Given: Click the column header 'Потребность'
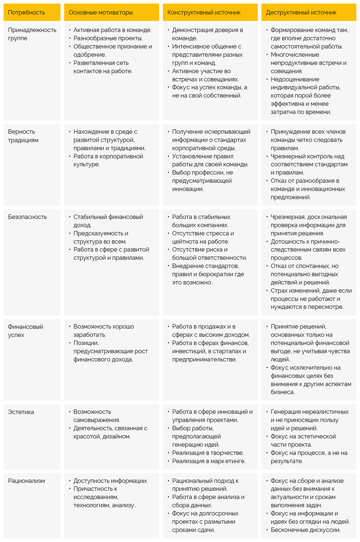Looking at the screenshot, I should click(26, 13).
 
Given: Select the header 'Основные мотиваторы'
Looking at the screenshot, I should click(101, 13).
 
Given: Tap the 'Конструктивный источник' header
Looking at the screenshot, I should click(204, 13).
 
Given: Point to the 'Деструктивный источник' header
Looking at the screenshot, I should click(301, 13).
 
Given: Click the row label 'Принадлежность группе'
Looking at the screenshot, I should click(32, 34).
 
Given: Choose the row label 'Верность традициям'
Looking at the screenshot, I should click(23, 136).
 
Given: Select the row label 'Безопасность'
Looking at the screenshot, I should click(27, 217).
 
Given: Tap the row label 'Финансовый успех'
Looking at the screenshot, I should click(25, 331).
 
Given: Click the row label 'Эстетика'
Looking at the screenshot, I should click(21, 412).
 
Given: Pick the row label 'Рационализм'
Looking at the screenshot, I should click(26, 481).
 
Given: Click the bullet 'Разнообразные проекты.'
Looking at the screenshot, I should click(108, 38).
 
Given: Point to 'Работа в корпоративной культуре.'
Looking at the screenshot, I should click(108, 160).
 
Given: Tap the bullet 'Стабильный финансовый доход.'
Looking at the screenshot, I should click(108, 221).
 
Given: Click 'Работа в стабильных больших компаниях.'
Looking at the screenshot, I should click(201, 221).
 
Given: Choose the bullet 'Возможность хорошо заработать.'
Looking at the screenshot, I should click(103, 331).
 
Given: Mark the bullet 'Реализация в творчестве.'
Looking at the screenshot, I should click(208, 453).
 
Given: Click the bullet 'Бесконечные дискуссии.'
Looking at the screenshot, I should click(305, 530).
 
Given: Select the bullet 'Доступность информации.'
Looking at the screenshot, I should click(110, 481).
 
